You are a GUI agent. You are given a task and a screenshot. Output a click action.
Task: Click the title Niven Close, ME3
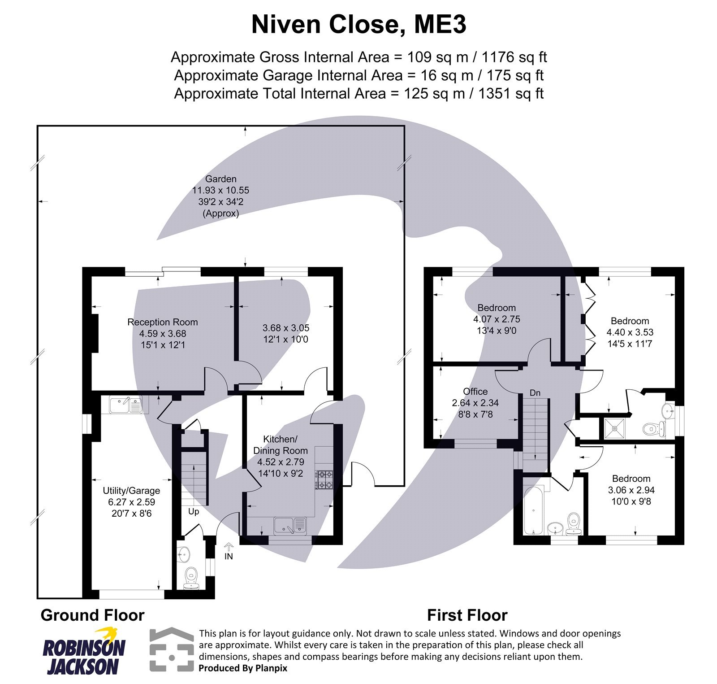(358, 25)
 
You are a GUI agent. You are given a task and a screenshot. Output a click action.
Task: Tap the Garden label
(220, 179)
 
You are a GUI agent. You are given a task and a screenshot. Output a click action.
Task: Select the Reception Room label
(162, 322)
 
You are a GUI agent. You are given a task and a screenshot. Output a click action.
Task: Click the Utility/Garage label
(131, 491)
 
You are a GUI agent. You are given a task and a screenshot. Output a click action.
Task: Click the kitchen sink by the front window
(290, 525)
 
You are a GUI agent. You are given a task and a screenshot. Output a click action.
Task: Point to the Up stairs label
(194, 511)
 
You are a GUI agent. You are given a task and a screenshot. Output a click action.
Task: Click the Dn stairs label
(535, 393)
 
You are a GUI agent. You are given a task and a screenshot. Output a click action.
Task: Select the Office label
(475, 392)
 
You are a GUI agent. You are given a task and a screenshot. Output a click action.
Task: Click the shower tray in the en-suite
(615, 428)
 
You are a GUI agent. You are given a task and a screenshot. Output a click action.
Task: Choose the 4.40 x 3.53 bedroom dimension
(630, 332)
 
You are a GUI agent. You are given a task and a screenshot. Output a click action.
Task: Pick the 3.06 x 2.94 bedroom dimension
(631, 490)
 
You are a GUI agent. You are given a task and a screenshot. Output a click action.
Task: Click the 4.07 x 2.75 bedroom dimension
(497, 319)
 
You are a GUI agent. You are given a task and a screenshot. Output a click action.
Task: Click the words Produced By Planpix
(243, 668)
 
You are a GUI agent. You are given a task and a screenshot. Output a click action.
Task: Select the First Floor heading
(467, 615)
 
